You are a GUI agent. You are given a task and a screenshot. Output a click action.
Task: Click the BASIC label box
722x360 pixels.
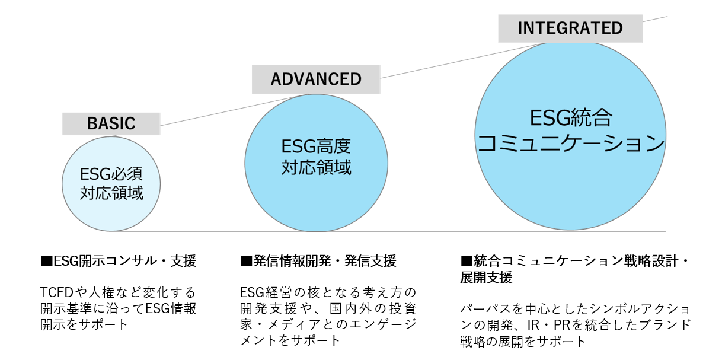click(111, 123)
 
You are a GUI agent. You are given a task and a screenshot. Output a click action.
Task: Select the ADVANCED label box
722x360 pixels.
click(316, 79)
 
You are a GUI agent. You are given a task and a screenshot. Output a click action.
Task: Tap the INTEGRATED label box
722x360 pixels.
click(570, 28)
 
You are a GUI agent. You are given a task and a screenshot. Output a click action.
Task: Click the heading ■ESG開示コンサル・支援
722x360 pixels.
click(119, 261)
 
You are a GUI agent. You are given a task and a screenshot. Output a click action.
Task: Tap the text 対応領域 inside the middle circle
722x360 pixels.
click(316, 168)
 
